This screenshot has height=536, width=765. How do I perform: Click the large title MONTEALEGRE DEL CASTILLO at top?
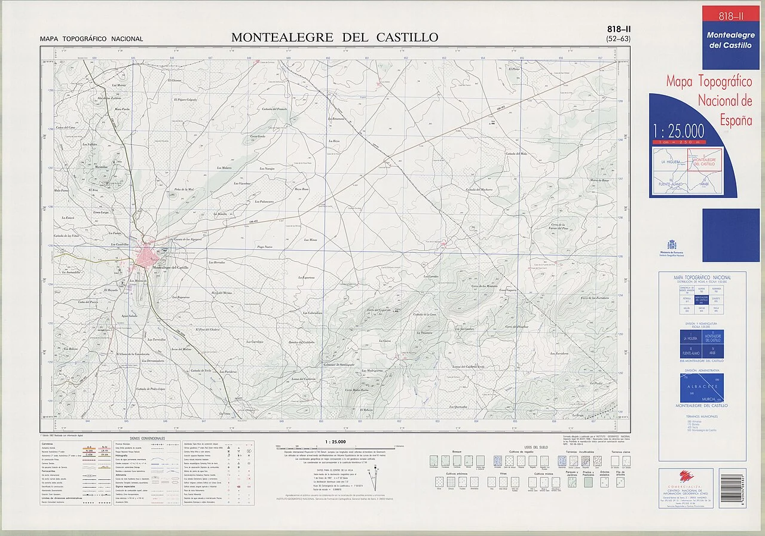point(335,37)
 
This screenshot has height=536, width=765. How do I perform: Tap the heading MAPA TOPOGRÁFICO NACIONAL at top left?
point(91,39)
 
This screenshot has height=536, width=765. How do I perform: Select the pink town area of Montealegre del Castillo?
point(145,256)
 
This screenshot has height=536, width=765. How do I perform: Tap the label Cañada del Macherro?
point(478,189)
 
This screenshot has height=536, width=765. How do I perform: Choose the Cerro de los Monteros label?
point(484,286)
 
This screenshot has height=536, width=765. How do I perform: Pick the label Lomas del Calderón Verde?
point(468,366)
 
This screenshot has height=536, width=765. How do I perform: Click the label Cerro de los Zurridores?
point(594,298)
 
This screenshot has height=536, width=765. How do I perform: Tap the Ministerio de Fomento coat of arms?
point(671,245)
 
